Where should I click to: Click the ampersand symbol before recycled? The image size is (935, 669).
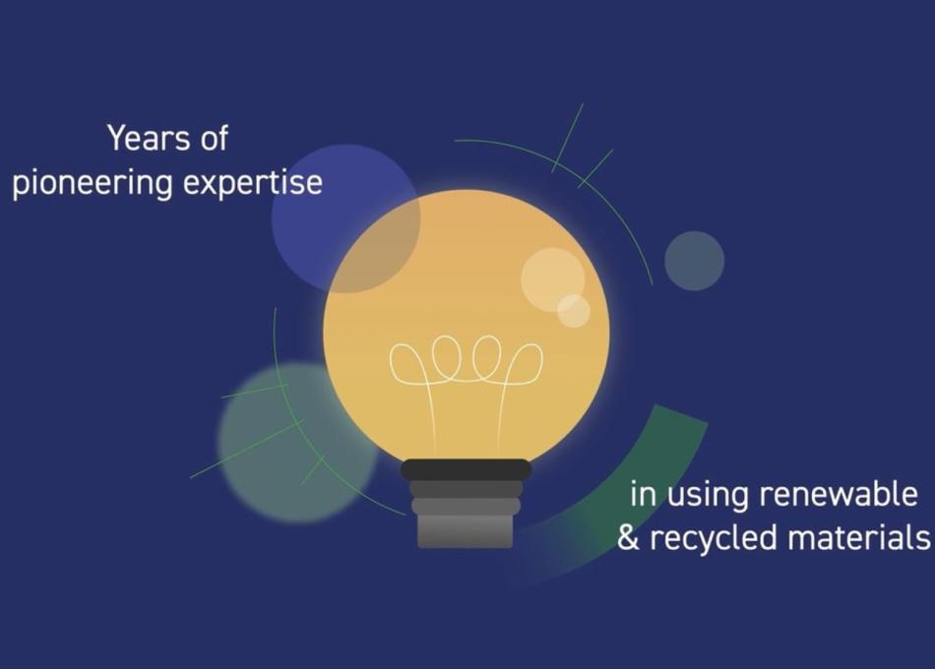pos(628,538)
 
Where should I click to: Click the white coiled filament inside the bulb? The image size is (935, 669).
pos(466,363)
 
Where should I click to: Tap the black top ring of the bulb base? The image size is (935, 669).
pos(466,469)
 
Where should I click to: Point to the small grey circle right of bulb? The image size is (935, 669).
pos(694,261)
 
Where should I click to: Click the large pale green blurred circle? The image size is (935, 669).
pos(285,443)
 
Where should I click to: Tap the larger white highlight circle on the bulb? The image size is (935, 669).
pos(551,277)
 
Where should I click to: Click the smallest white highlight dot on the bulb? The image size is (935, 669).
pos(574,311)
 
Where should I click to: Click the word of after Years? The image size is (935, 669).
pos(210,139)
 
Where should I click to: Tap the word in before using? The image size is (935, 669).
pos(642,494)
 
